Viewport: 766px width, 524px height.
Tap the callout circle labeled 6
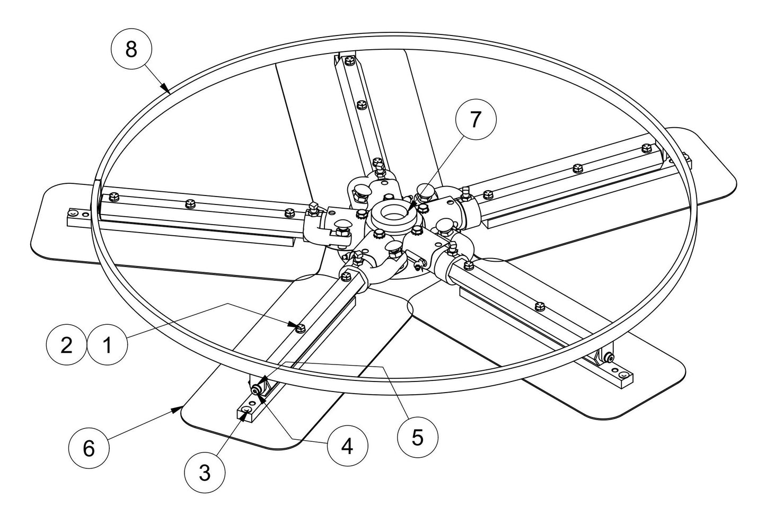pos(89,448)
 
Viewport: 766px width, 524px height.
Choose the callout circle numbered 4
pos(347,446)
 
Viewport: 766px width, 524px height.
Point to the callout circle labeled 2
pos(66,345)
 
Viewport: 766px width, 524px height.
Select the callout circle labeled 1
pos(108,345)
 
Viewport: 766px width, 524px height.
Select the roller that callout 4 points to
pos(257,390)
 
